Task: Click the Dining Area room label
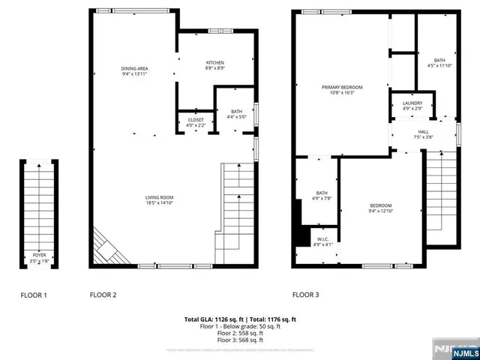point(133,71)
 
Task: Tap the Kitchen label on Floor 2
point(215,65)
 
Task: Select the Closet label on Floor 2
point(195,121)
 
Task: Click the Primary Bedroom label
point(342,90)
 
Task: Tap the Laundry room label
point(412,106)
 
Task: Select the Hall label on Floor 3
point(423,134)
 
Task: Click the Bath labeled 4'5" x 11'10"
point(439,63)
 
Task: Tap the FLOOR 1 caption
point(34,295)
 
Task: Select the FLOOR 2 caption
point(103,295)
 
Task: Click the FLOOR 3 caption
point(306,295)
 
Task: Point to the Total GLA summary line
point(240,319)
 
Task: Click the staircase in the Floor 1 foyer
point(37,206)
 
